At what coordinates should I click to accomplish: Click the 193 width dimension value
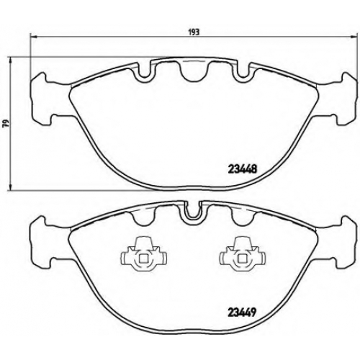(x=196, y=32)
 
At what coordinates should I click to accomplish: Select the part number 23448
(x=242, y=169)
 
